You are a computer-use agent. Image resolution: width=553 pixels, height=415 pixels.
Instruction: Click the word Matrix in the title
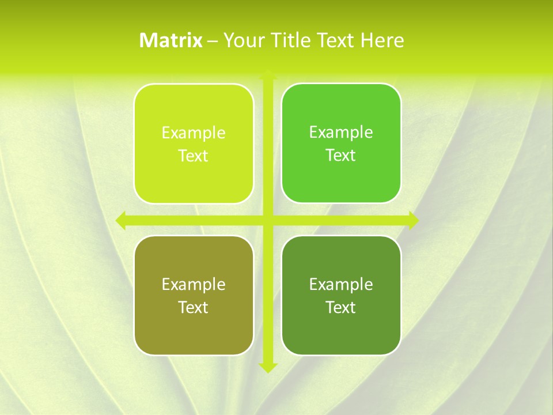click(171, 40)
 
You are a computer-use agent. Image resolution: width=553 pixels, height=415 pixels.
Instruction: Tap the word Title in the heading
click(291, 40)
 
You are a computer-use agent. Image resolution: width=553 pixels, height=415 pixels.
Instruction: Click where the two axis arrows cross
click(268, 220)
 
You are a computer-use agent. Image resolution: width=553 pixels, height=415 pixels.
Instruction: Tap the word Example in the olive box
click(194, 284)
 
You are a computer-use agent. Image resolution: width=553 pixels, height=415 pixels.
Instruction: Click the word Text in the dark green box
click(341, 307)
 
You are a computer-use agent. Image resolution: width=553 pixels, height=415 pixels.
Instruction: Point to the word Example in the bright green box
click(341, 132)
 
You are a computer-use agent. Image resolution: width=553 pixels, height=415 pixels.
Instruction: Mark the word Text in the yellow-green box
click(194, 156)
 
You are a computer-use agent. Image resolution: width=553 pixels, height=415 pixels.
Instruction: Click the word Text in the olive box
click(194, 307)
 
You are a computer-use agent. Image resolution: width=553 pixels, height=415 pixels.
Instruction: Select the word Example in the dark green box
click(341, 284)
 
